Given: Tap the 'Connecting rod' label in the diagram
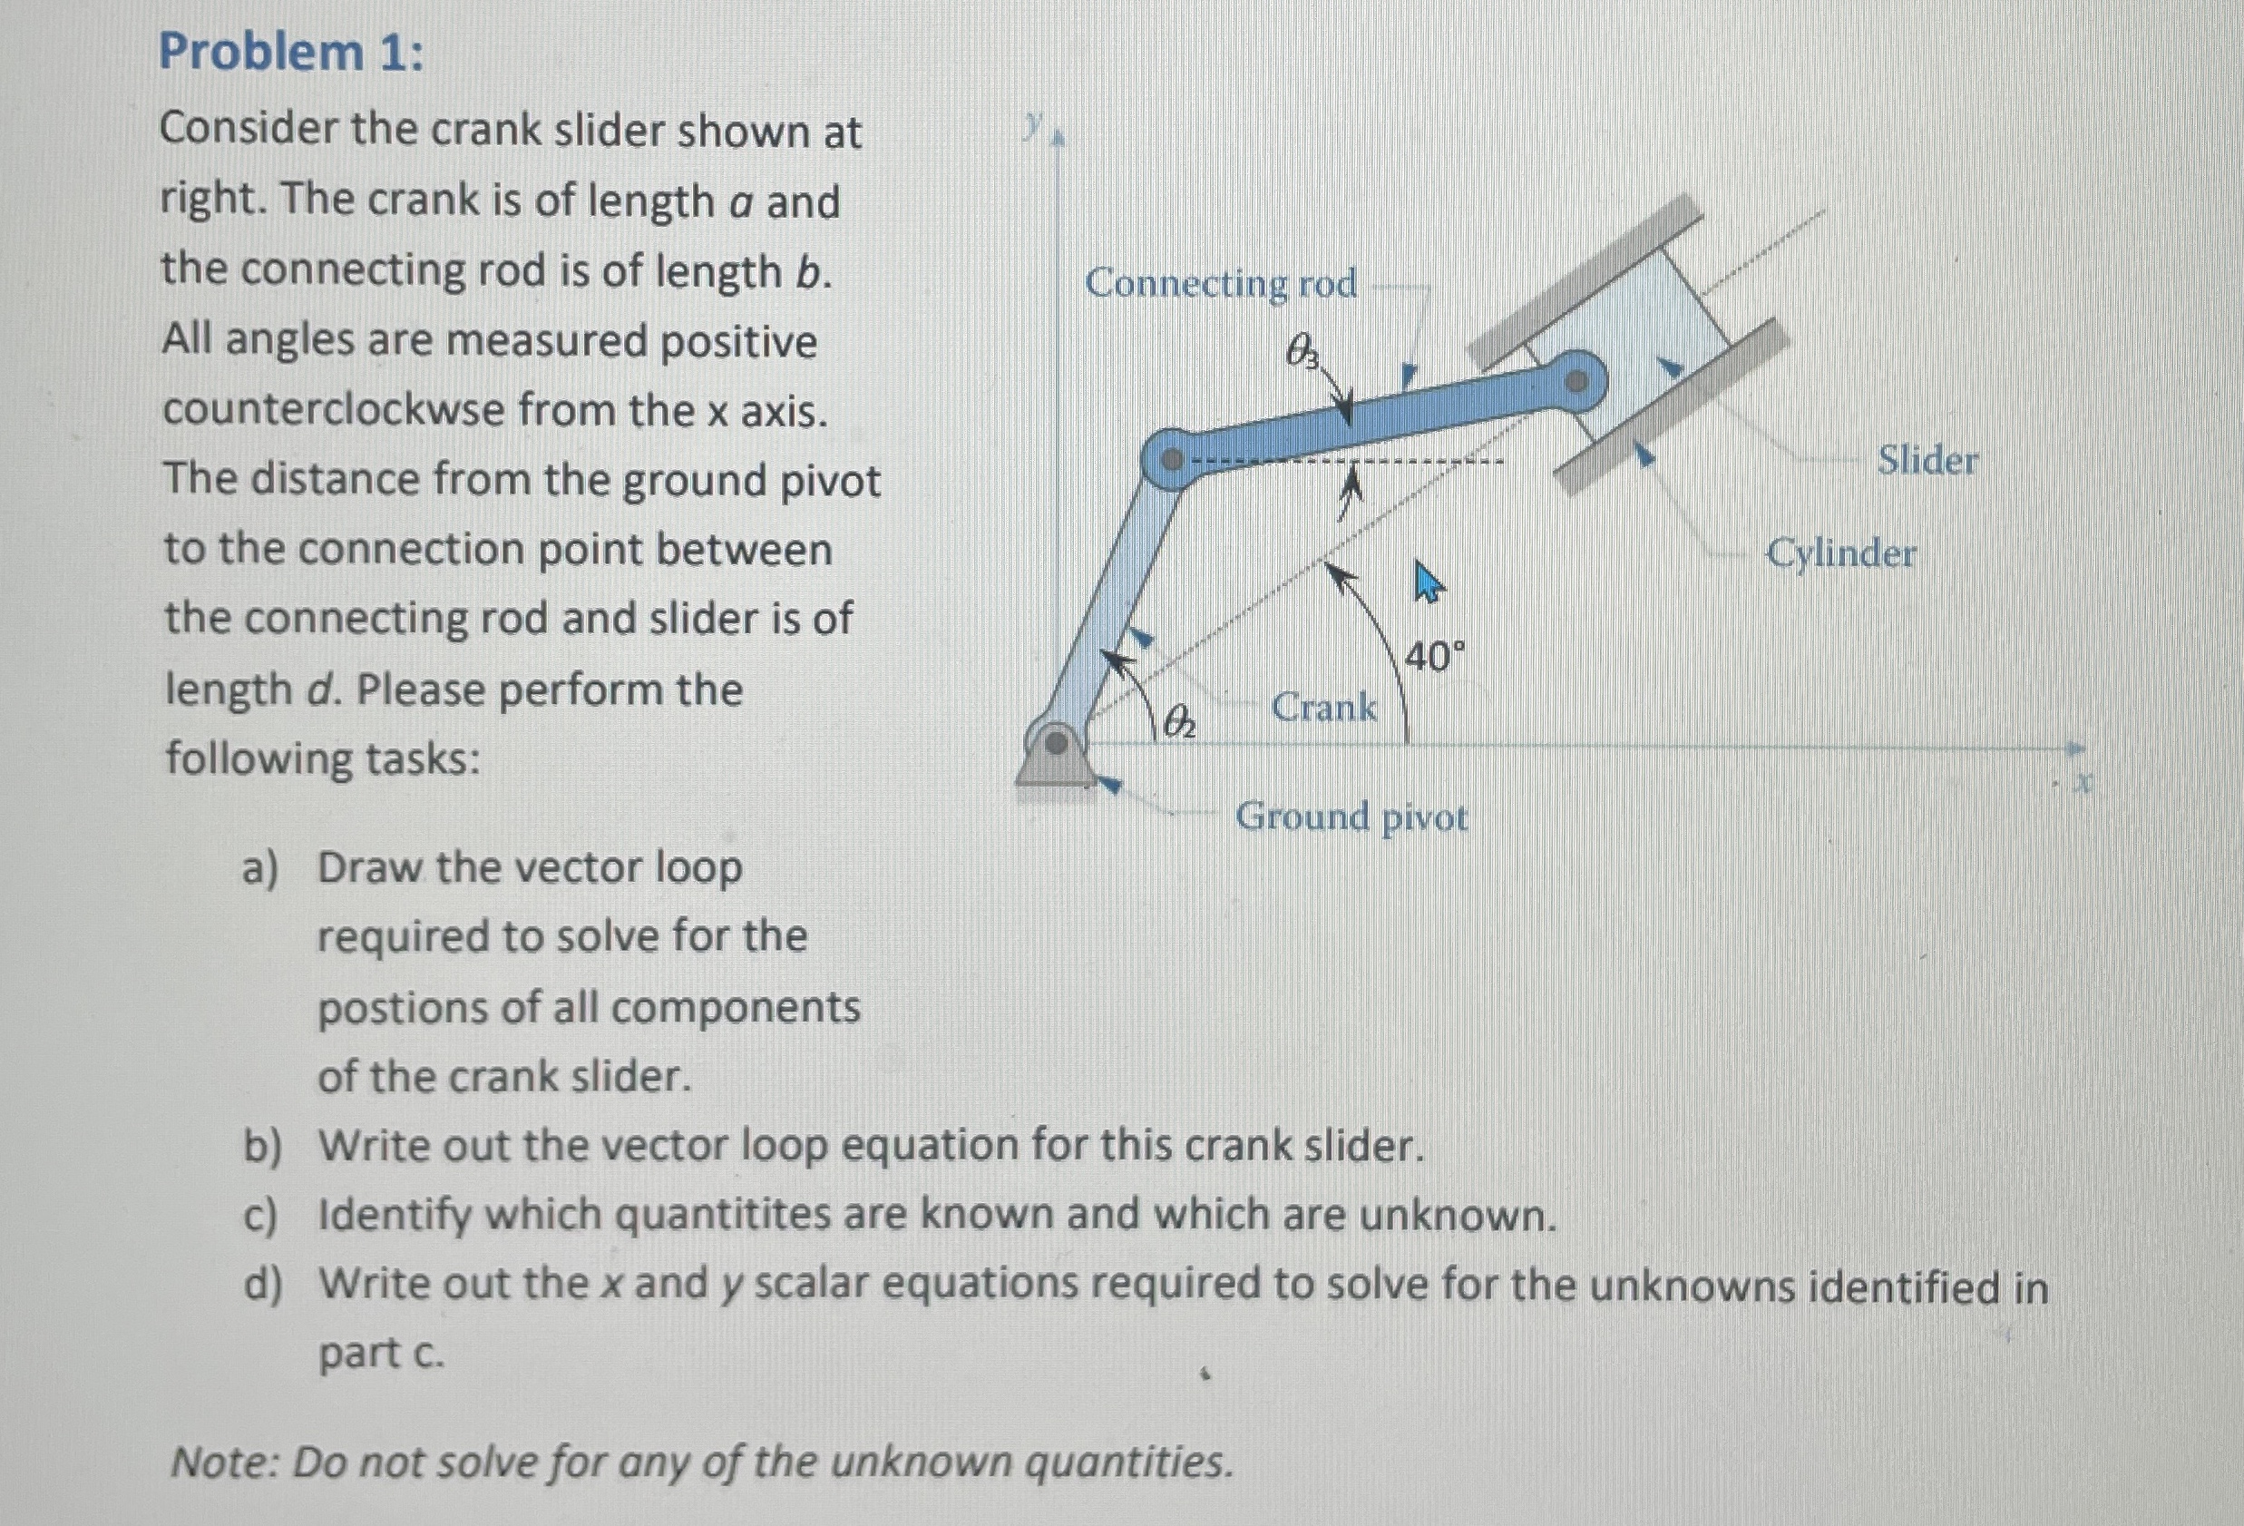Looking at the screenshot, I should [x=1221, y=284].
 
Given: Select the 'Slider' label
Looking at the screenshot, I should [x=1927, y=461].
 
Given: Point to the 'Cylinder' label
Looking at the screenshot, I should [x=1840, y=554].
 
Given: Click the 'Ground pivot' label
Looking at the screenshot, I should [x=1351, y=818].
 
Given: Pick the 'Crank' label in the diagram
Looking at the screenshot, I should [x=1323, y=708].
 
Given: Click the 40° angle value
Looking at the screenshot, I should [x=1434, y=658].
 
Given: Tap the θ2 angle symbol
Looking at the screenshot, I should [x=1180, y=720].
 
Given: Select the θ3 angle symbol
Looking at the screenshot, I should [x=1302, y=351].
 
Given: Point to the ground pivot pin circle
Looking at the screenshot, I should [x=1058, y=744].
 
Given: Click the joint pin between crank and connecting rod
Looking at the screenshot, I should [x=1171, y=461].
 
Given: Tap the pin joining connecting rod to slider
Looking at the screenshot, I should [x=1576, y=383].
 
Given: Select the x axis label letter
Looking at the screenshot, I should [x=2083, y=782].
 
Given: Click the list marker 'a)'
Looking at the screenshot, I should [x=259, y=868].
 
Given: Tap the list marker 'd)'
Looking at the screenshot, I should [x=261, y=1286].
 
